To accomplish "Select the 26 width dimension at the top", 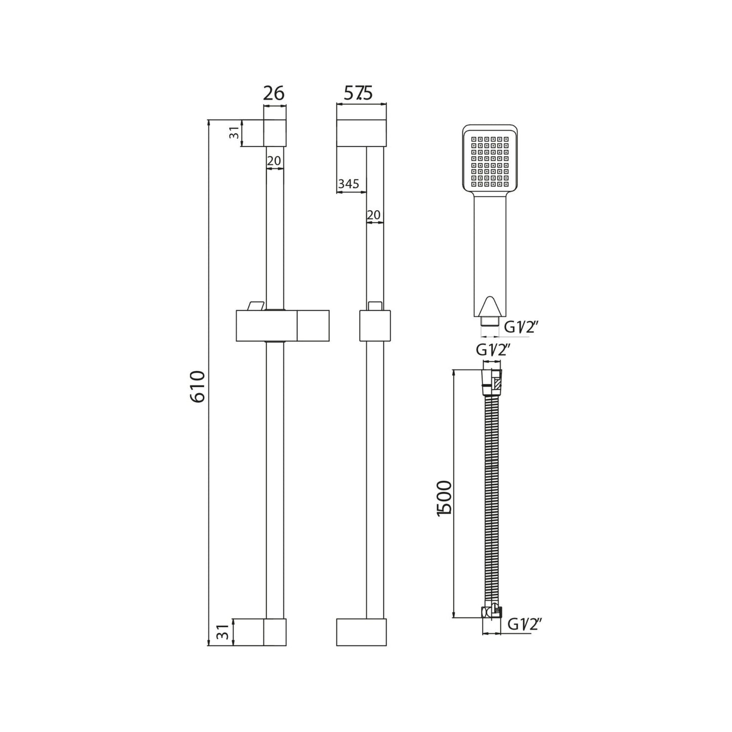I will coord(274,94).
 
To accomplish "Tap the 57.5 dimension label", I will coord(358,94).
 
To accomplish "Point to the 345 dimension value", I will coord(349,184).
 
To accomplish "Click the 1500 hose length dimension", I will coord(444,498).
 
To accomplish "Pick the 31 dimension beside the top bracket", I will coord(234,134).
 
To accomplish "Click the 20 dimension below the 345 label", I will coord(373,215).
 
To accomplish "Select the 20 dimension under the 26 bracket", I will coord(274,161).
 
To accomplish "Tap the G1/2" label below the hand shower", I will coord(520,328).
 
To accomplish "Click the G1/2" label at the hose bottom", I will coord(525,625).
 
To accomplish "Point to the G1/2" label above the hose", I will coord(492,350).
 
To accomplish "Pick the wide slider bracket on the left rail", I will coord(282,325).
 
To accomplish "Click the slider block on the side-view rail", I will coord(375,325).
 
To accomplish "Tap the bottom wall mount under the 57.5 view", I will coord(361,632).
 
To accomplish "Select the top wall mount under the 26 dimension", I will coord(275,133).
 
